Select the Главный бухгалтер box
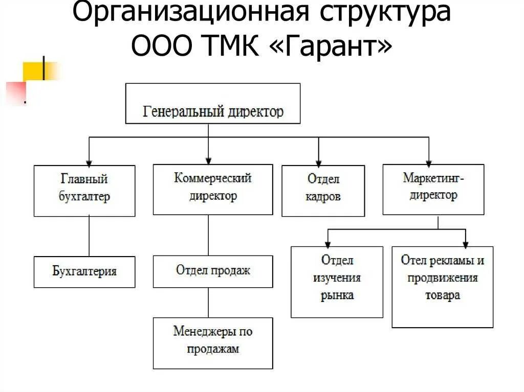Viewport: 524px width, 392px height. click(x=84, y=191)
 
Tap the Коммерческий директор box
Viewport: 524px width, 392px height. click(x=212, y=189)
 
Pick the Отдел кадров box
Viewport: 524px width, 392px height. click(x=323, y=191)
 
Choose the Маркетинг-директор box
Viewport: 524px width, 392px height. click(x=433, y=189)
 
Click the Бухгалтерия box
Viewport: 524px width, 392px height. click(x=84, y=272)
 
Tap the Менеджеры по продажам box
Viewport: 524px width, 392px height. click(x=212, y=343)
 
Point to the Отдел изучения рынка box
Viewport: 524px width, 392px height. click(x=337, y=282)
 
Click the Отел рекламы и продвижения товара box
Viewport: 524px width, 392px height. click(x=442, y=287)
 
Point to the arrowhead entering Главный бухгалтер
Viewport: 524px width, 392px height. click(x=89, y=160)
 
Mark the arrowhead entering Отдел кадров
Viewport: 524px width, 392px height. click(x=318, y=160)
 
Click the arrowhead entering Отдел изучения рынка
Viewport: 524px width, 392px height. click(x=328, y=242)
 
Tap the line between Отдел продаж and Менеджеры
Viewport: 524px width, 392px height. click(x=208, y=303)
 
